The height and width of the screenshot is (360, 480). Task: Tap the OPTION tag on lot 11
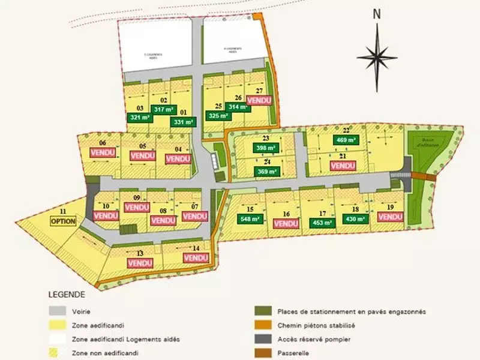pos(64,221)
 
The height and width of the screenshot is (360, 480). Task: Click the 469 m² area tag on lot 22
pos(346,140)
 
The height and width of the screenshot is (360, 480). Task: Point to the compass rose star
pos(377,57)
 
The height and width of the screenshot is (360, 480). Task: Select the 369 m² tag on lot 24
pos(266,172)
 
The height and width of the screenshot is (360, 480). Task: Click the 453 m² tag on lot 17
pos(323,223)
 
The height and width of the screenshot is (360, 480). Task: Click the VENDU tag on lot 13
pos(140,263)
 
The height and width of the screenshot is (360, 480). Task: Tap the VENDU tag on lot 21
pos(343,166)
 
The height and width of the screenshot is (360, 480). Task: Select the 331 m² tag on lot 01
pos(184,122)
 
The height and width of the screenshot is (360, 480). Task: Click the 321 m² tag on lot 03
pos(139,118)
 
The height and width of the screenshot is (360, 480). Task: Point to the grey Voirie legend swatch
pos(56,311)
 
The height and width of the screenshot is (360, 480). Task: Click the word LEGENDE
pos(67,295)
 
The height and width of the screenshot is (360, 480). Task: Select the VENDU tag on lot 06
pos(102,153)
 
